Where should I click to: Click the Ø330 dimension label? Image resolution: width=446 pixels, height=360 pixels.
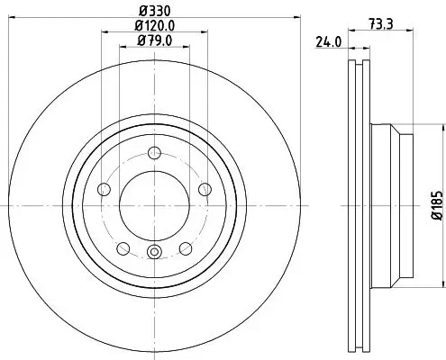point(152,12)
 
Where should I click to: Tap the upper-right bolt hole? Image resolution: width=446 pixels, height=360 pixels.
point(205,188)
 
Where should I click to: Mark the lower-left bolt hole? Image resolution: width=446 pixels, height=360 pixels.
point(122,247)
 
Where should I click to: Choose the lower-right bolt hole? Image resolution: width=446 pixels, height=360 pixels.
point(186,247)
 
